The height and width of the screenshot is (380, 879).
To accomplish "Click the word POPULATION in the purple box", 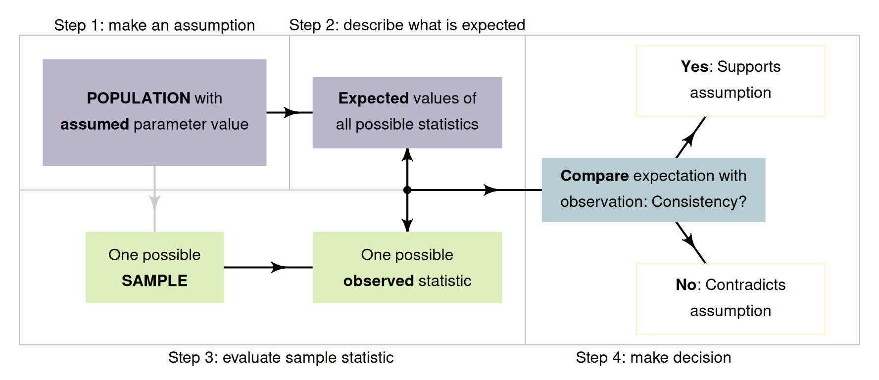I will click(138, 98).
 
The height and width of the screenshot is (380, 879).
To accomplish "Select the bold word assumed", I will click(95, 124).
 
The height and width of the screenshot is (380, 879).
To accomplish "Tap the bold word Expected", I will click(373, 98).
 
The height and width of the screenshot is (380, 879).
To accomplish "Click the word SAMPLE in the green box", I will click(154, 281).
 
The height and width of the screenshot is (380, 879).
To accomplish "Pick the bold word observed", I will click(378, 281).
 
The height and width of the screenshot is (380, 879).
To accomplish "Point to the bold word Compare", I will click(594, 176).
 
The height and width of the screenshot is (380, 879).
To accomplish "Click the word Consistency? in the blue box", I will click(699, 201).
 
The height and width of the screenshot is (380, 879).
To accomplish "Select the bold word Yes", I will click(694, 66).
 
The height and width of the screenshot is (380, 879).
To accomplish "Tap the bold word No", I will click(686, 285).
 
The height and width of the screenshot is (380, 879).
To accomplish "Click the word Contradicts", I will click(745, 285).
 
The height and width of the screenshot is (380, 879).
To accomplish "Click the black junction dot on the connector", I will click(407, 190).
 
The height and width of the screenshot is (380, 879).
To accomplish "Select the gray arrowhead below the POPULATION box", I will click(154, 202).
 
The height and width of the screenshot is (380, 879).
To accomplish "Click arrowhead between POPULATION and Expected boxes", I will click(291, 112).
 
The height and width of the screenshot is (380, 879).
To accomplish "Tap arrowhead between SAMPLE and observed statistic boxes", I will click(279, 267).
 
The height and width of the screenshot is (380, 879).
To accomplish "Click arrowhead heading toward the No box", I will click(689, 241).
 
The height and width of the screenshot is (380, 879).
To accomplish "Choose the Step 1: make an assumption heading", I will click(154, 25).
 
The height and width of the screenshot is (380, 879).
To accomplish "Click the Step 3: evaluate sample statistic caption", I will click(281, 357).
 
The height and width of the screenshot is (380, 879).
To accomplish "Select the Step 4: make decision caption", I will click(653, 357).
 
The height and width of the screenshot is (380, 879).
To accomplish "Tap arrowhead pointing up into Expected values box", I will click(407, 154).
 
